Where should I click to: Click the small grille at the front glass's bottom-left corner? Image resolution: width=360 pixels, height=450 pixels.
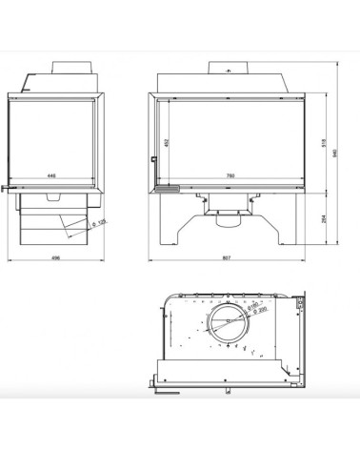click(169, 189)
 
